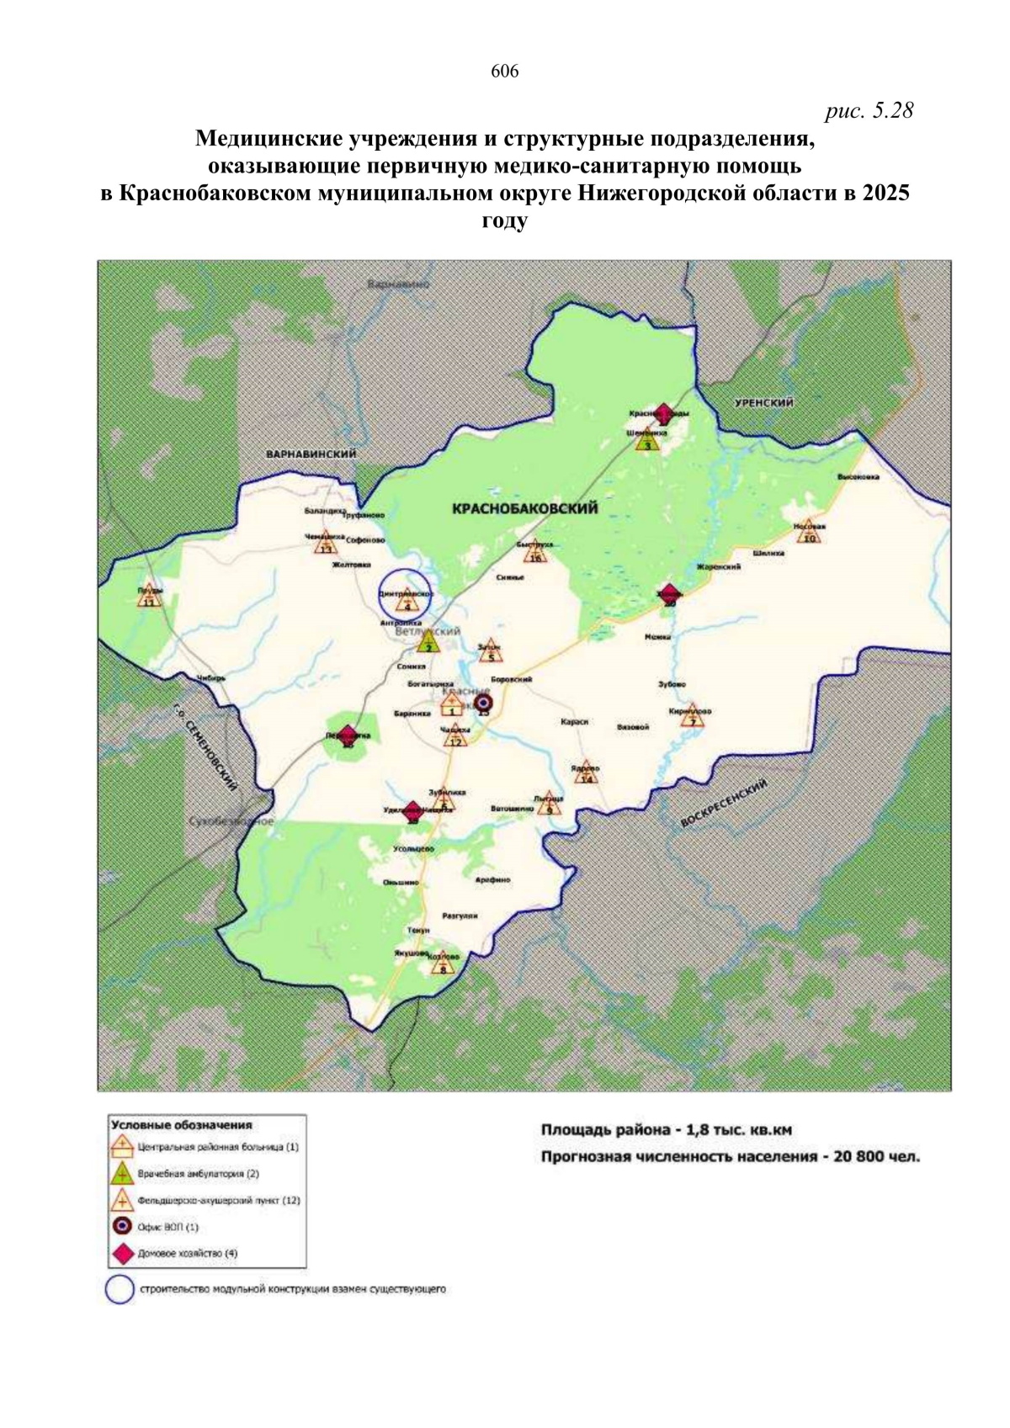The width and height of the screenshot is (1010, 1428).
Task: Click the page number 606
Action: pos(504,72)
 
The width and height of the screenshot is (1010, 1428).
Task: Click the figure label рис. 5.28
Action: pos(869,110)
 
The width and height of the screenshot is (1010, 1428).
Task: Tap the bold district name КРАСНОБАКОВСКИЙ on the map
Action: pos(524,508)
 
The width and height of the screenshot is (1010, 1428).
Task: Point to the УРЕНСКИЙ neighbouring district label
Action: pos(763,403)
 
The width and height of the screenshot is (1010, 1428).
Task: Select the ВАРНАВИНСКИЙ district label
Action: pos(311,454)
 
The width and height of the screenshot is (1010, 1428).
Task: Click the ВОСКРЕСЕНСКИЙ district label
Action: pos(724,803)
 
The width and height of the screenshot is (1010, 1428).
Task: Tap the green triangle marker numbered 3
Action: pos(646,442)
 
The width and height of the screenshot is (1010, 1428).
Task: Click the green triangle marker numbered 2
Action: pos(428,643)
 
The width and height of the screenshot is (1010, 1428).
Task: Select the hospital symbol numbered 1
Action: pos(452,704)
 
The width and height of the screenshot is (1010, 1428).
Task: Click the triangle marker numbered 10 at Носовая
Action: pos(809,534)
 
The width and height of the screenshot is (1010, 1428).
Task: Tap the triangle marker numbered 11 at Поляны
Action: pos(149,597)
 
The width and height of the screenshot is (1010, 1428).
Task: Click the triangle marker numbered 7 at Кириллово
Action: pos(692,717)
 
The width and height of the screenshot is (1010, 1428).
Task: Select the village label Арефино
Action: pos(492,880)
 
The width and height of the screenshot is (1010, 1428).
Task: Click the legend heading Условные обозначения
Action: pos(182,1125)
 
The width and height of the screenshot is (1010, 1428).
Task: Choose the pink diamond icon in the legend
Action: pos(123,1253)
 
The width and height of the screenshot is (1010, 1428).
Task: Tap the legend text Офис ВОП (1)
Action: pos(168,1227)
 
